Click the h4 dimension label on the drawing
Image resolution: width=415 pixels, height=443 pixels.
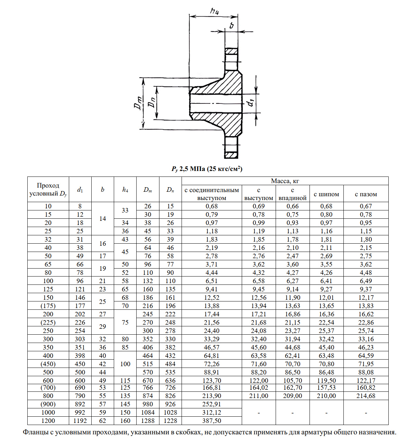(214, 11)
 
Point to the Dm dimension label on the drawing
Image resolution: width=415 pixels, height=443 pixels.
(138, 103)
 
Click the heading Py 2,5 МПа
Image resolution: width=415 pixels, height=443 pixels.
(207, 169)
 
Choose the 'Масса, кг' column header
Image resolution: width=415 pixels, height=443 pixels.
(285, 181)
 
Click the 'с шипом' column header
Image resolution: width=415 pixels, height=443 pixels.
(326, 194)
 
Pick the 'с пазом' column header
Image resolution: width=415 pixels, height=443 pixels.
(366, 194)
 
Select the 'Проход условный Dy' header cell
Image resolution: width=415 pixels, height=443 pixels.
(48, 190)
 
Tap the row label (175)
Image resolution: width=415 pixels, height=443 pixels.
(48, 306)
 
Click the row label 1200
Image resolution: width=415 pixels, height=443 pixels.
(48, 421)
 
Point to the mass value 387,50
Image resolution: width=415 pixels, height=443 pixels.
(212, 421)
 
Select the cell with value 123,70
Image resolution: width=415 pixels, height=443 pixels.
(212, 381)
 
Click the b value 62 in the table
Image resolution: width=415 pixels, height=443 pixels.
(102, 421)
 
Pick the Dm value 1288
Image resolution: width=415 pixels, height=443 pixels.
(148, 421)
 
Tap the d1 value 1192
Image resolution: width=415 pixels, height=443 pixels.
(80, 421)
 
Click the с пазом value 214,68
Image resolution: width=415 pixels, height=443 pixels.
(366, 396)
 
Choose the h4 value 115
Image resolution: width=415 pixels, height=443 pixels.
(125, 381)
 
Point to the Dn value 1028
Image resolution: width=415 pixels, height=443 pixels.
(170, 413)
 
